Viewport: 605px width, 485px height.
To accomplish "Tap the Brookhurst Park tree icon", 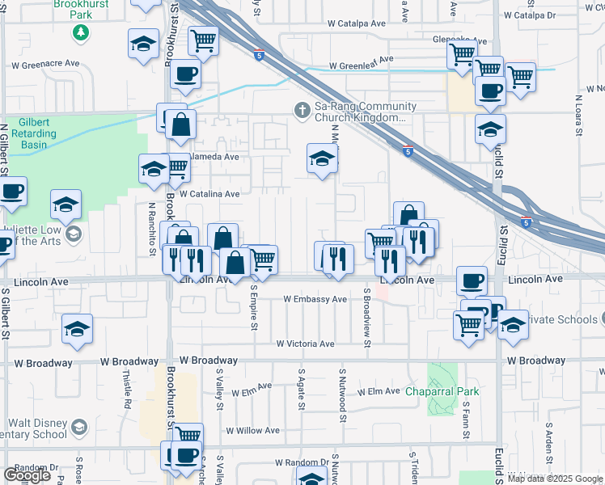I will point(80,32).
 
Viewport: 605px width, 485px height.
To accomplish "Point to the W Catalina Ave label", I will point(209,194).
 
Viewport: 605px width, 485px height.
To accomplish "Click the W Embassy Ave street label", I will point(315,299).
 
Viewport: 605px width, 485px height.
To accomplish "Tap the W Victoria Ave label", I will point(305,344).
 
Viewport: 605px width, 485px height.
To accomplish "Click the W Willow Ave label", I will point(252,431).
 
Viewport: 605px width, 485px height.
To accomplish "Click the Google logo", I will point(27,475).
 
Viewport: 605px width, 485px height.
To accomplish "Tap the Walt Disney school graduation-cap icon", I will point(79,427).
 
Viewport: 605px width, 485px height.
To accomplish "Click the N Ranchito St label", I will point(151,227).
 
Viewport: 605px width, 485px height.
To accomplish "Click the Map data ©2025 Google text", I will point(555,479).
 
